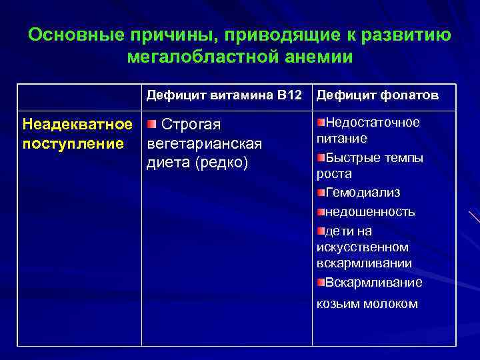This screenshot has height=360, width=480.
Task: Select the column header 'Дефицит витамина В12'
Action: pyautogui.click(x=224, y=95)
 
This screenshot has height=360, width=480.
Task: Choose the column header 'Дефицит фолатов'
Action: pyautogui.click(x=377, y=95)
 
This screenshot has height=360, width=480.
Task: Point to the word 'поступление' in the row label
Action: pyautogui.click(x=73, y=143)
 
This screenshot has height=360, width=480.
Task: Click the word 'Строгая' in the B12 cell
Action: pyautogui.click(x=201, y=125)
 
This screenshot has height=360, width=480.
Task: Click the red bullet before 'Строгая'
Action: pyautogui.click(x=151, y=124)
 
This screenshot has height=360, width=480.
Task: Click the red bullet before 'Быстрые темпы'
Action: pyautogui.click(x=321, y=157)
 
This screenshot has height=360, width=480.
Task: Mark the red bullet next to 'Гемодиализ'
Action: pyautogui.click(x=321, y=193)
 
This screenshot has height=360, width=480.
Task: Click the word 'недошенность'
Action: pyautogui.click(x=370, y=212)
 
